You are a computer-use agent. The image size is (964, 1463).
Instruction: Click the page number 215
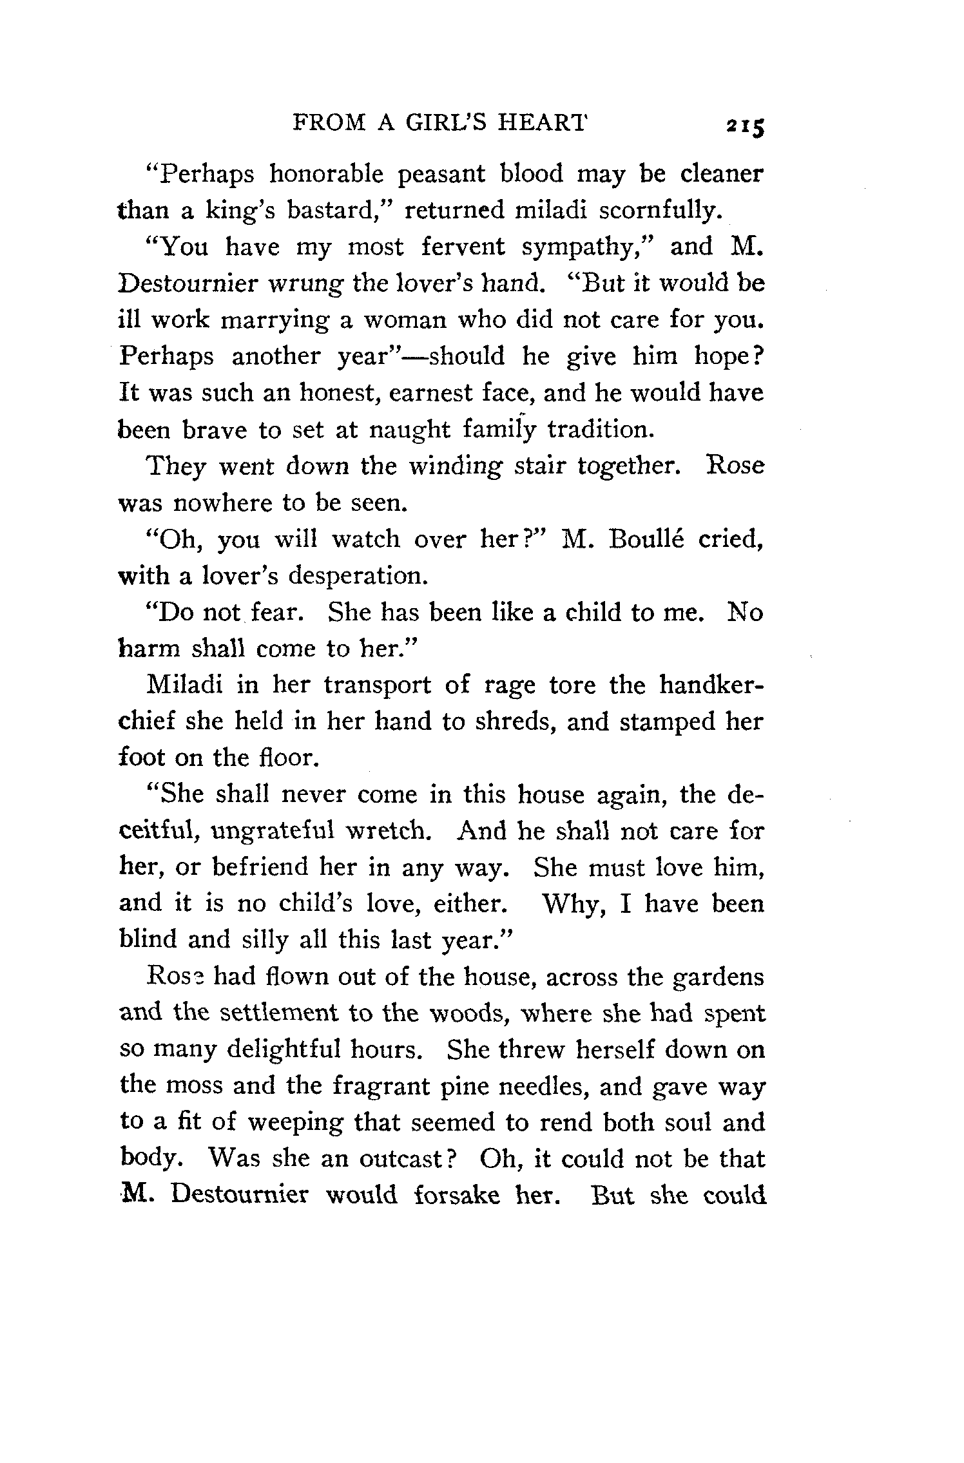(x=744, y=126)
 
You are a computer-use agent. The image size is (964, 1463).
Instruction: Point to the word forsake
(x=456, y=1196)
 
